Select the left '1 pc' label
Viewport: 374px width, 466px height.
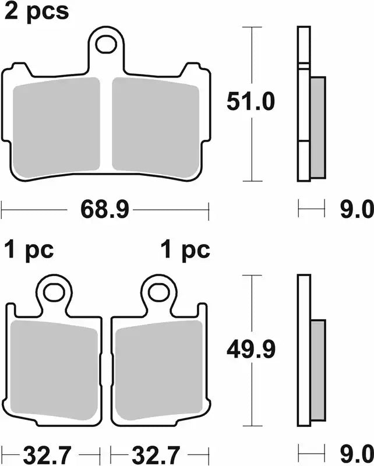[x=29, y=250]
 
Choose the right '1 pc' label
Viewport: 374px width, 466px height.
[x=185, y=250]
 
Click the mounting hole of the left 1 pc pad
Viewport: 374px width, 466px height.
[x=55, y=291]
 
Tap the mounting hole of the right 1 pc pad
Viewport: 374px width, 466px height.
[x=158, y=291]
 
